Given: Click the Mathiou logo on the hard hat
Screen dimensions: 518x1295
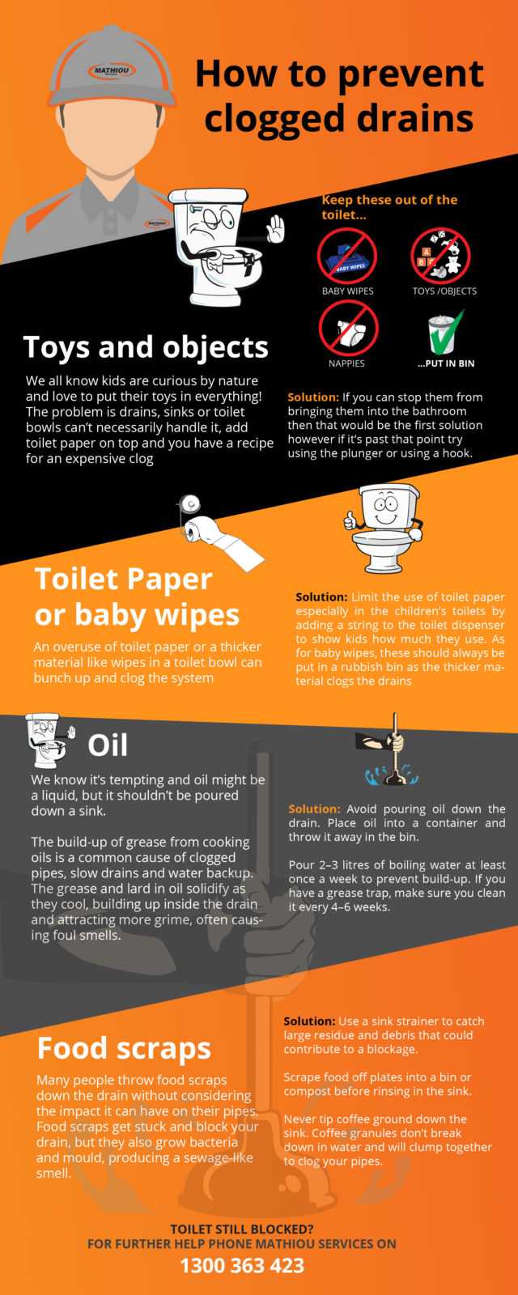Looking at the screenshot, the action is coord(112,71).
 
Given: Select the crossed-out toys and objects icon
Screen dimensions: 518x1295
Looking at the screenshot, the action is coord(440,256).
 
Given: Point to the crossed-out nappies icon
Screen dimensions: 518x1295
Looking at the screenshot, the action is coord(348,328).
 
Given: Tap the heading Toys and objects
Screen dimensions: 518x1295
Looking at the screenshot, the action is coord(146,347).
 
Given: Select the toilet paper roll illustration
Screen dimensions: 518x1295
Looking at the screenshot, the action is coord(219,532).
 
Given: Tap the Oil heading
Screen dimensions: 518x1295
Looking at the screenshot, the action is coord(108,745).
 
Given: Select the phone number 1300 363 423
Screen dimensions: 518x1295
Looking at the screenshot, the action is coord(242,1266).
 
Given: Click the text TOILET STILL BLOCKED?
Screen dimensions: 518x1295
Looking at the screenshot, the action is coord(242,1229).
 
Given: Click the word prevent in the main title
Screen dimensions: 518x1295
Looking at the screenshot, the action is coord(410,74).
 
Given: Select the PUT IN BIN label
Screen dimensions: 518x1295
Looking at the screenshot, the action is coord(446,363).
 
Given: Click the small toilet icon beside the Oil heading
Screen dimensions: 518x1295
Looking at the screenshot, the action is coord(49,740).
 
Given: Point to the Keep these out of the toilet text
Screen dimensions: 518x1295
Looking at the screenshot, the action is coord(389,207).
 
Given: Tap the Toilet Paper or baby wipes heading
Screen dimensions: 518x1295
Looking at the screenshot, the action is coord(137,597).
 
